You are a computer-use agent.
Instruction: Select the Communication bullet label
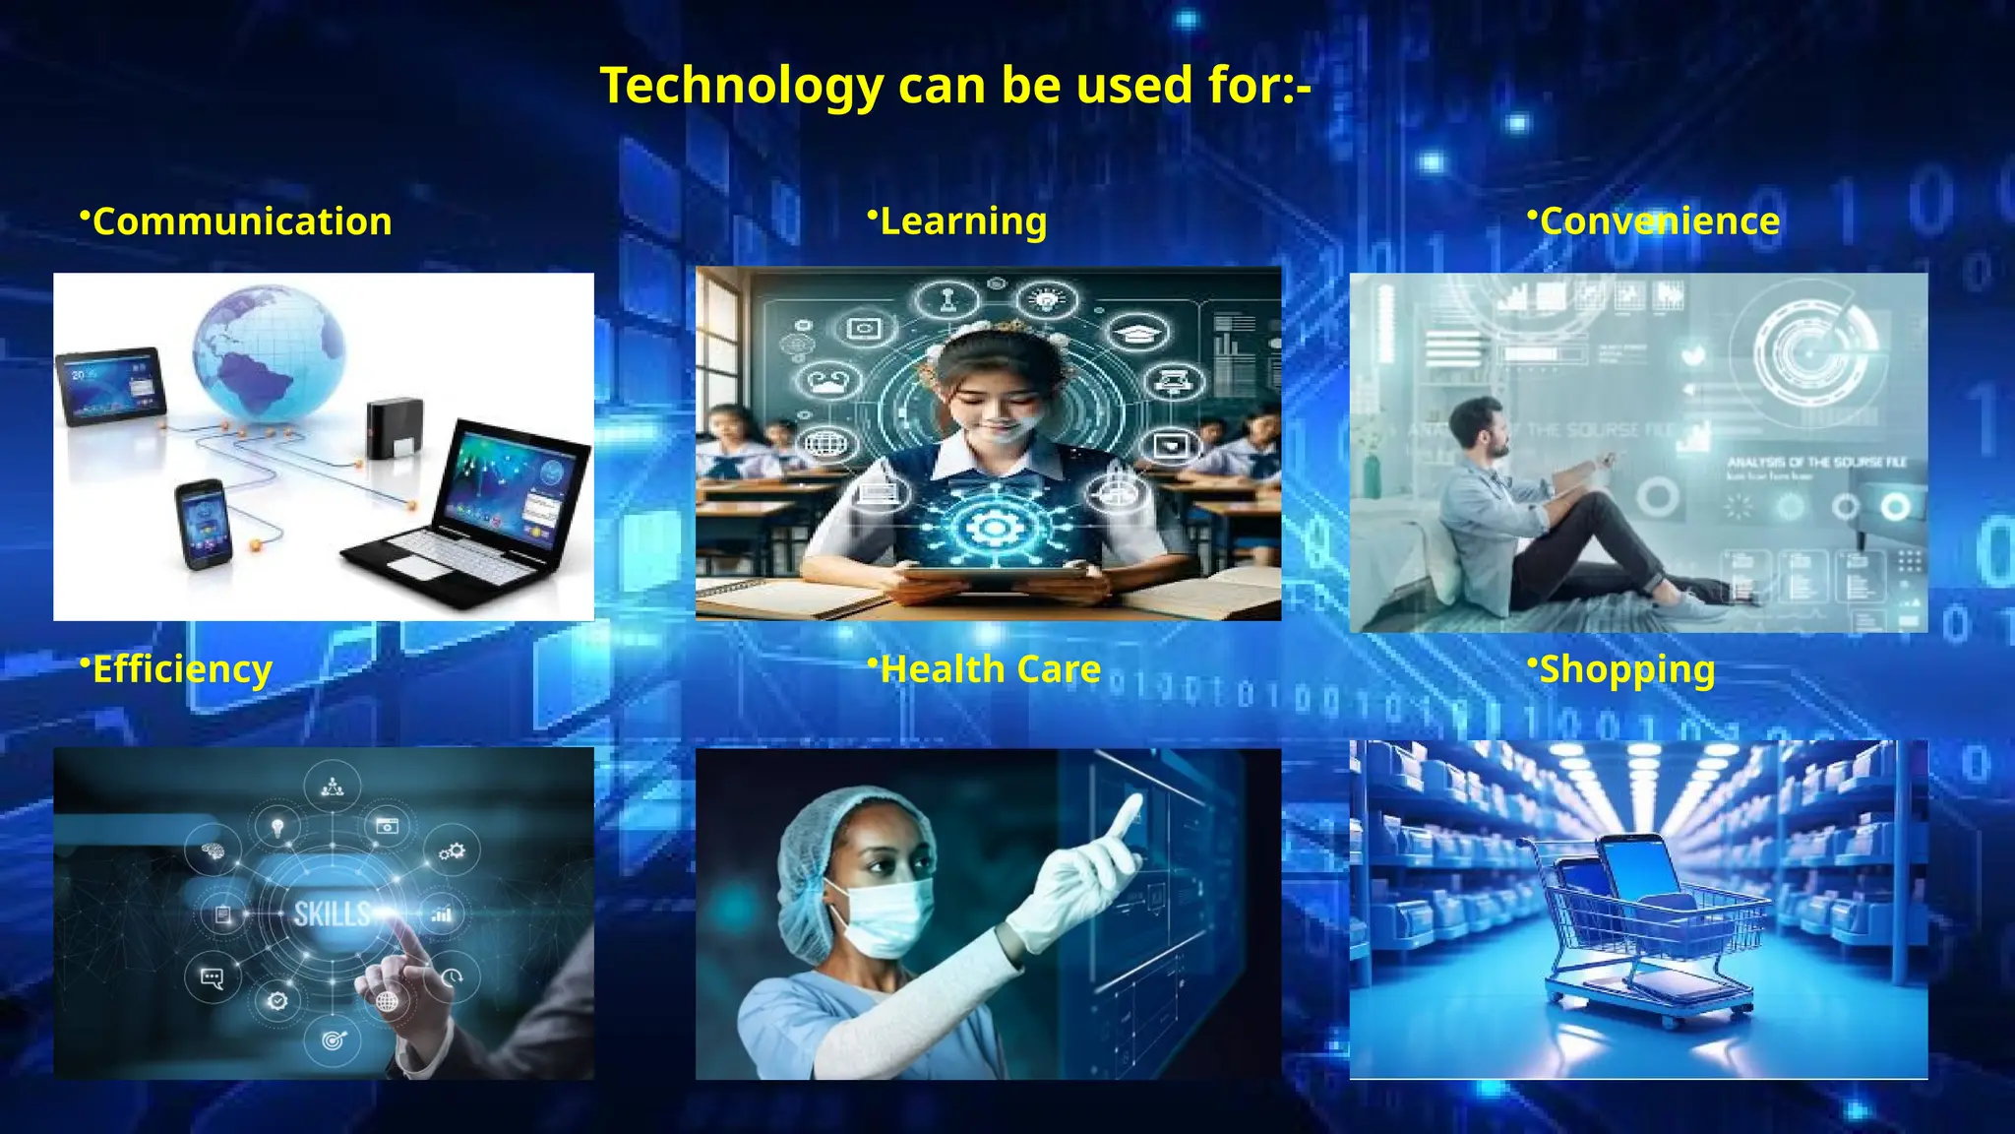click(x=241, y=221)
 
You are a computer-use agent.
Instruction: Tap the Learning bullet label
click(x=962, y=221)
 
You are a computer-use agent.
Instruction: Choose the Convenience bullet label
click(x=1659, y=221)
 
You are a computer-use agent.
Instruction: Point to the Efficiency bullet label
click(x=181, y=669)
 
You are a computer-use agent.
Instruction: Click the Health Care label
click(x=990, y=669)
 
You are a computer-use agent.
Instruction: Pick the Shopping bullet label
click(x=1626, y=669)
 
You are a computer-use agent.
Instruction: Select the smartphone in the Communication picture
click(x=204, y=523)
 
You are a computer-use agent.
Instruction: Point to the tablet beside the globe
click(x=110, y=385)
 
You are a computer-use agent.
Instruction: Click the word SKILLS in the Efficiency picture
click(x=332, y=914)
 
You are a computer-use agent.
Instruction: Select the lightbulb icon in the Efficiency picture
click(x=278, y=826)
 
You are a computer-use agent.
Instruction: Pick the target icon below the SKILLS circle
click(x=334, y=1039)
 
